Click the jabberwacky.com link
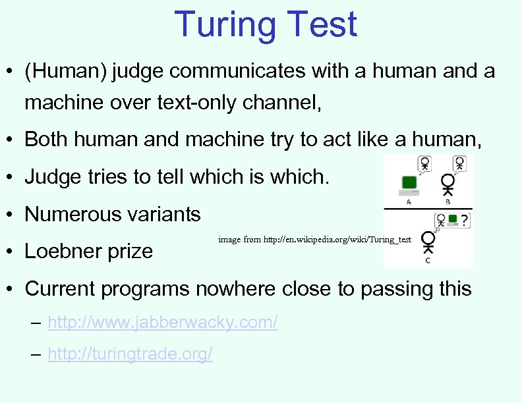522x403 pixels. click(163, 322)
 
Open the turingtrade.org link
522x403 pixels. click(130, 354)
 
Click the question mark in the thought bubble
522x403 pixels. click(464, 220)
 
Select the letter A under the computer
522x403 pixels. click(409, 202)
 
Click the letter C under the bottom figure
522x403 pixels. click(428, 261)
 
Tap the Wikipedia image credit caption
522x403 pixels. click(315, 240)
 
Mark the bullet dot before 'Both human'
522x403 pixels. click(11, 140)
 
